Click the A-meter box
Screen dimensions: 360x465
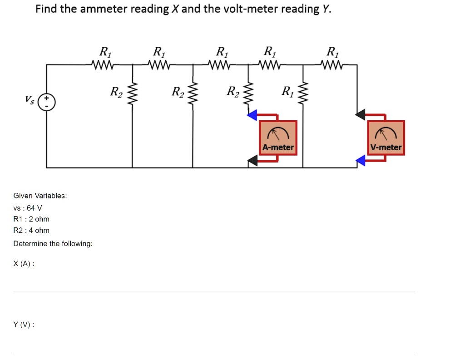tap(278, 138)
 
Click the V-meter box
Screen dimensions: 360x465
tap(386, 138)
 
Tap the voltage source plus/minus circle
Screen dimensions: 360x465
tap(47, 103)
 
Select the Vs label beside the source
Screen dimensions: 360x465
tap(30, 99)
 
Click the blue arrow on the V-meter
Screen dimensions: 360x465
tap(360, 160)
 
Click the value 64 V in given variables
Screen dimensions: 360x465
tap(35, 208)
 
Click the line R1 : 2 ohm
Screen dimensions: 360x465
tap(31, 219)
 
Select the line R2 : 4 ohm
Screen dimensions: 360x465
tap(31, 230)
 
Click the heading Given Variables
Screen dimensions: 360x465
tap(40, 196)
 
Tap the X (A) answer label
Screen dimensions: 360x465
tap(24, 264)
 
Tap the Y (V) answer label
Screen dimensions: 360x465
tap(24, 325)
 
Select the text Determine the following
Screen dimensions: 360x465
tap(53, 244)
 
